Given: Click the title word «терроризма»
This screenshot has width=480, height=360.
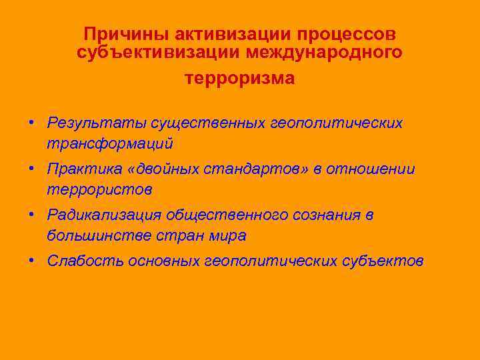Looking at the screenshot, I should click(239, 78).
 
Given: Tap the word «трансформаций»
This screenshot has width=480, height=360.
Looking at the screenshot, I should click(110, 143).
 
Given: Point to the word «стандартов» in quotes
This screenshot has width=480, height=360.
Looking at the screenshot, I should click(256, 169).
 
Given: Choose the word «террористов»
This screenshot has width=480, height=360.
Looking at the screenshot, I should click(99, 189).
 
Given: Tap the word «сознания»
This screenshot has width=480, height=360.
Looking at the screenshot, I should click(325, 215).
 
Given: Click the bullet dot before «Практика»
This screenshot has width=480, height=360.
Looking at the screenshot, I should click(32, 169).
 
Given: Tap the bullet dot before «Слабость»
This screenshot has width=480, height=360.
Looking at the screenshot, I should click(32, 261).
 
